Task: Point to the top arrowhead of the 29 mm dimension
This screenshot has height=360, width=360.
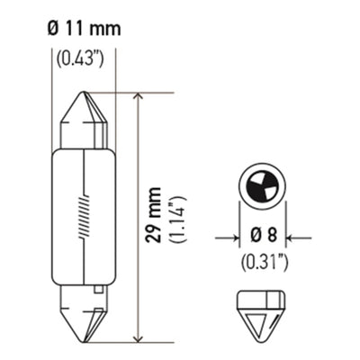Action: [138, 98]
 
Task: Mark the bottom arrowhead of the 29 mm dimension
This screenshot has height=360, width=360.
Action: [138, 337]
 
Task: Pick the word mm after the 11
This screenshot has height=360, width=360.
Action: [103, 30]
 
